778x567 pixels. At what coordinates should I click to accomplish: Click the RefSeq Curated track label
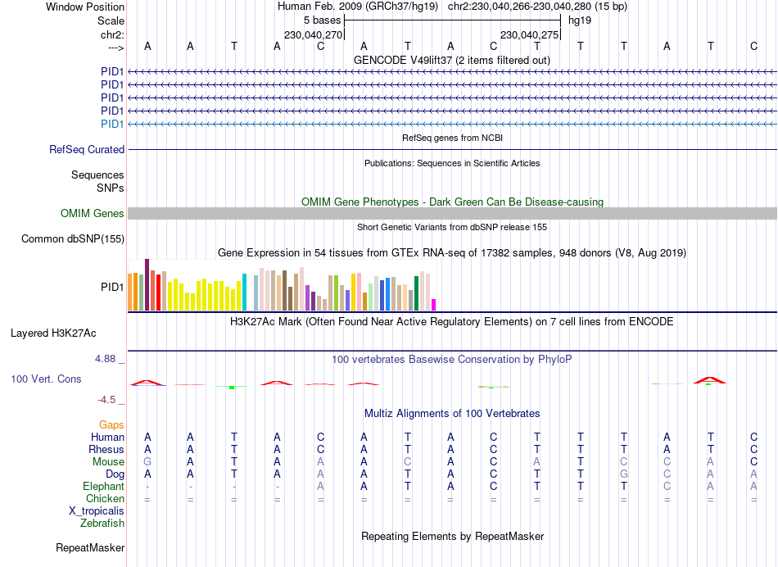pyautogui.click(x=87, y=150)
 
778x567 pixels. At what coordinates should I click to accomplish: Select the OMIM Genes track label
pyautogui.click(x=93, y=214)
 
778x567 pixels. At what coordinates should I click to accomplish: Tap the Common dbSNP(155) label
pyautogui.click(x=73, y=239)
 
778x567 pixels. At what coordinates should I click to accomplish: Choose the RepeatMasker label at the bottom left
pyautogui.click(x=90, y=547)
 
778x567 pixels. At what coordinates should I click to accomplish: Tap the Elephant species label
pyautogui.click(x=103, y=487)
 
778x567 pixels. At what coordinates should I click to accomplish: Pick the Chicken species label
pyautogui.click(x=105, y=499)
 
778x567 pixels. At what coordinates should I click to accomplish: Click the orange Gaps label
pyautogui.click(x=111, y=425)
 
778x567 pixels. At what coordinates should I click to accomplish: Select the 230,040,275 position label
pyautogui.click(x=529, y=35)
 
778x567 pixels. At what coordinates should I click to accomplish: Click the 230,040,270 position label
pyautogui.click(x=313, y=35)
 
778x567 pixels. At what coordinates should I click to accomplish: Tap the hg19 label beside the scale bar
pyautogui.click(x=580, y=20)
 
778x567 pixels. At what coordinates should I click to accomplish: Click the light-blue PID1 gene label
pyautogui.click(x=112, y=125)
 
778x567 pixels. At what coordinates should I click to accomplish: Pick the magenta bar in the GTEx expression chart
pyautogui.click(x=433, y=304)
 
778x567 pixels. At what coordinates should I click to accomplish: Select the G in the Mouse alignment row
pyautogui.click(x=147, y=462)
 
